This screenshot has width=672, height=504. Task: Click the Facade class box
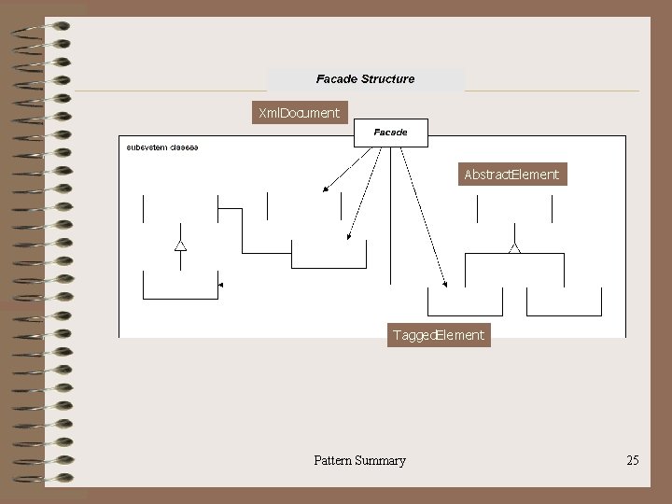pyautogui.click(x=390, y=133)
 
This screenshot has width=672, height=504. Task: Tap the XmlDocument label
pyautogui.click(x=299, y=113)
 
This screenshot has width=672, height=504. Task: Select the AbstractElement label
pyautogui.click(x=511, y=174)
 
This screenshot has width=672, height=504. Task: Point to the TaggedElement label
pyautogui.click(x=439, y=335)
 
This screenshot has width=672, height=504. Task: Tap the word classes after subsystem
pyautogui.click(x=184, y=147)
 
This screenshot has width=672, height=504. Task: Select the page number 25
pyautogui.click(x=633, y=460)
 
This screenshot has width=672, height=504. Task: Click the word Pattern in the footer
pyautogui.click(x=333, y=460)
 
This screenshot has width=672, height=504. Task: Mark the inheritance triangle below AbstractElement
pyautogui.click(x=513, y=248)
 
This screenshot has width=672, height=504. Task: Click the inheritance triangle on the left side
pyautogui.click(x=180, y=245)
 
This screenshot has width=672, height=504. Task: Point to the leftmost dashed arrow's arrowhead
pyautogui.click(x=325, y=189)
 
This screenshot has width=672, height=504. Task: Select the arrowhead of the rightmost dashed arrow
pyautogui.click(x=446, y=284)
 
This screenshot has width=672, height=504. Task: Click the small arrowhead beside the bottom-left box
pyautogui.click(x=219, y=285)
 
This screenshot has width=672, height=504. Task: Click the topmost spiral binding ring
pyautogui.click(x=42, y=30)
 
